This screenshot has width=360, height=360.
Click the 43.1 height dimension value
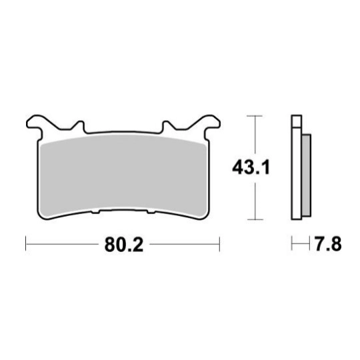point(251,167)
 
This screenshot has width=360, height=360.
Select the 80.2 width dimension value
point(124,245)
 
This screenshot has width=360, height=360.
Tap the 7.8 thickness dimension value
point(327,243)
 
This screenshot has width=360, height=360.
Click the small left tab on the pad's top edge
point(79,126)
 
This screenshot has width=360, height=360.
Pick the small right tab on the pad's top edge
point(167,126)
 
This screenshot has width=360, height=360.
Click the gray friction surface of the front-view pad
point(123,175)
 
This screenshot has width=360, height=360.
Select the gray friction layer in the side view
point(307,175)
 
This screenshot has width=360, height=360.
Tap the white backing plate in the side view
point(297,173)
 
